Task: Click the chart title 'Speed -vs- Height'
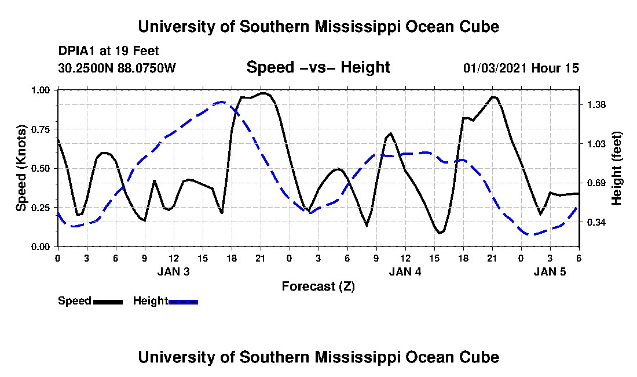point(318,68)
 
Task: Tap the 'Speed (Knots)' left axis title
point(21,168)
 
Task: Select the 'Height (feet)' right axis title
point(617,168)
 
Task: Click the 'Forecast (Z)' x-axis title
point(318,286)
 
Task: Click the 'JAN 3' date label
point(173,271)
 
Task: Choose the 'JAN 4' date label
point(405,271)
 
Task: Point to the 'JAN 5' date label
point(550,271)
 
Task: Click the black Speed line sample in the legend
point(108,302)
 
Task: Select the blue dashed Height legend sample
point(183,302)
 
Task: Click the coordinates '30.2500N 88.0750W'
point(116,68)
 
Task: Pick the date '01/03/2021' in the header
point(495,68)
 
